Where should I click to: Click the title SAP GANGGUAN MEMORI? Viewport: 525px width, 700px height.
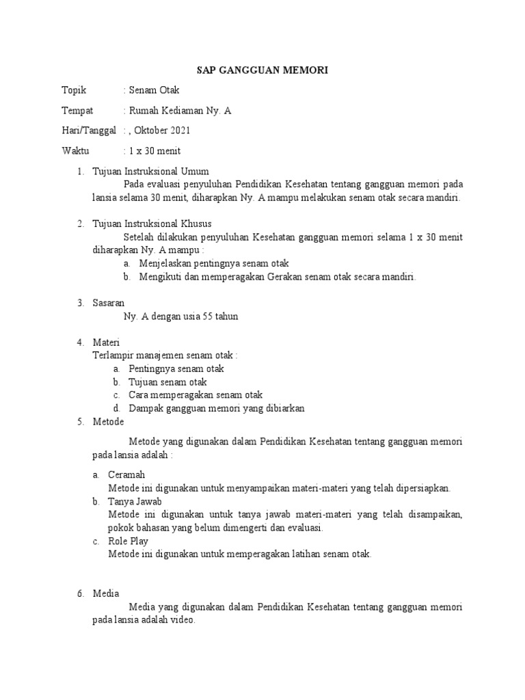262,70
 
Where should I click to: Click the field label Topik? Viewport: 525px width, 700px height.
75,90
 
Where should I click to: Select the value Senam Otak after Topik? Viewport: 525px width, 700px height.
153,90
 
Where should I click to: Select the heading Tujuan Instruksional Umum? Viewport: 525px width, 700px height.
150,171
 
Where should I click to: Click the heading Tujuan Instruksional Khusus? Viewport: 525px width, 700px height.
152,224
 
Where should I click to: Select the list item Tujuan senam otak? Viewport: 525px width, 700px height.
167,381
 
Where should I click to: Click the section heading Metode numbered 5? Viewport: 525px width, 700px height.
108,422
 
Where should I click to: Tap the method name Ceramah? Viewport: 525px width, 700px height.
126,474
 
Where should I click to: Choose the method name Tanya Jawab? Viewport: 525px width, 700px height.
135,501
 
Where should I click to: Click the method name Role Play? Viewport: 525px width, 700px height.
128,541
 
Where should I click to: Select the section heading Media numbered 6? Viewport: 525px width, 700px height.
106,593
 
